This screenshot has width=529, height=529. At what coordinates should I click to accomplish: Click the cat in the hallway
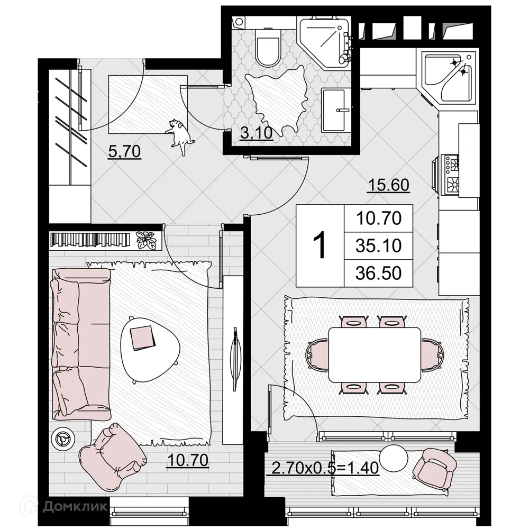click(180, 134)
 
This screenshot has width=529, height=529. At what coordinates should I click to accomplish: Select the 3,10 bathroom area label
click(256, 133)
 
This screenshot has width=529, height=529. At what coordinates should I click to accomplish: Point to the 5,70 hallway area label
click(124, 152)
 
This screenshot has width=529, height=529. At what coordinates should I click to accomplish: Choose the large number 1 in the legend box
click(320, 245)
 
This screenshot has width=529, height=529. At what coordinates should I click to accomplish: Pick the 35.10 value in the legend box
click(378, 246)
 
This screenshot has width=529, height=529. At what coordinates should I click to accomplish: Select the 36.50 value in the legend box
click(378, 273)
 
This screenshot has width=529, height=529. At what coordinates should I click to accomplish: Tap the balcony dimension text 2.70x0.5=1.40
click(325, 468)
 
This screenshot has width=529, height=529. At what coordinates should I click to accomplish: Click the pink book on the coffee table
click(142, 337)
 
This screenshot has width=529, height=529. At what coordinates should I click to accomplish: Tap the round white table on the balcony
click(394, 458)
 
